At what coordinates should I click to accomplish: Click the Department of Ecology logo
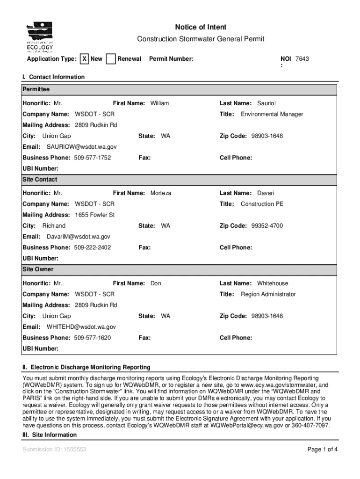tap(40, 37)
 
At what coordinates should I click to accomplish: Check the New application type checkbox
tap(84, 59)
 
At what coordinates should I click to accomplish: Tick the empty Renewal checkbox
tap(111, 59)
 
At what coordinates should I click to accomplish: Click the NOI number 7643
tap(302, 59)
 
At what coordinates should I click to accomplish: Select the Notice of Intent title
tap(201, 28)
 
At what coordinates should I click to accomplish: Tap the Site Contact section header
tap(40, 180)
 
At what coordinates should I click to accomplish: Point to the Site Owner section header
tap(38, 269)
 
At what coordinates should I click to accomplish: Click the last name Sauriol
tap(266, 103)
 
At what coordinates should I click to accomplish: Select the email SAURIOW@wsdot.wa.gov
tap(82, 147)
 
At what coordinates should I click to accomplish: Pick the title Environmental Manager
tap(272, 114)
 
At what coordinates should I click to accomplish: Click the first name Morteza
tap(161, 193)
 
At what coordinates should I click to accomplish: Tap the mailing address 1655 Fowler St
tap(95, 215)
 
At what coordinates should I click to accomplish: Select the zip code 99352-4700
tap(267, 226)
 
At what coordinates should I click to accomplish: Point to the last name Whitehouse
tap(273, 283)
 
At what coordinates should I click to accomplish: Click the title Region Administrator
tap(268, 294)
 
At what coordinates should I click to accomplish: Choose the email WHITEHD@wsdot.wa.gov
tap(81, 327)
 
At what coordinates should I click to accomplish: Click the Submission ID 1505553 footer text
tap(54, 450)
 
